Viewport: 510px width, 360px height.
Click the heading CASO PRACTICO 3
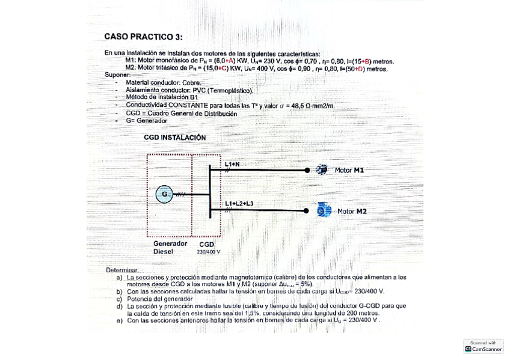143,37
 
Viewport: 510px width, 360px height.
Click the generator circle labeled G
164,194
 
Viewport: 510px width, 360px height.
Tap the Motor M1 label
349,171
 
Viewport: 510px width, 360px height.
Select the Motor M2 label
352,212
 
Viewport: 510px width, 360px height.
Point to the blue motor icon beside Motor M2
325,211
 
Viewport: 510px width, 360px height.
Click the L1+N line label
232,164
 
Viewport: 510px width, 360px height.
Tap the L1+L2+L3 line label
239,204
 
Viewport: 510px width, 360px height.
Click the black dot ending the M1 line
307,171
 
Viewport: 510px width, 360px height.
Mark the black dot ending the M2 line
307,211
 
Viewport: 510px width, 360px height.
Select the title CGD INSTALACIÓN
174,138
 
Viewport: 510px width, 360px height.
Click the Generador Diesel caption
170,248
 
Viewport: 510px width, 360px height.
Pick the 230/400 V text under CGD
209,252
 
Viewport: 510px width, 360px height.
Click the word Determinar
123,270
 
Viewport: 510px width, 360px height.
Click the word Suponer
117,75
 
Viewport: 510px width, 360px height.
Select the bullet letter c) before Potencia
120,299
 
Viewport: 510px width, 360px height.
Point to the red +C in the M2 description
222,69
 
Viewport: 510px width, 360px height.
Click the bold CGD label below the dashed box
207,245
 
